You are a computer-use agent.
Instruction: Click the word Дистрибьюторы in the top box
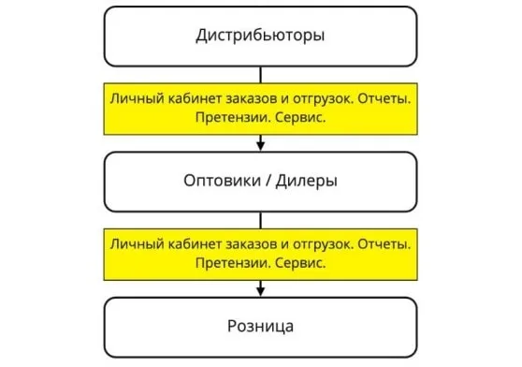261,37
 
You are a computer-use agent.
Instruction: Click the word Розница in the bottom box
261,326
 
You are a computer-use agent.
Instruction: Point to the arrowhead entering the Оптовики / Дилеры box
261,146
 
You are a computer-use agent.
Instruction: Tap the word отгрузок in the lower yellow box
321,243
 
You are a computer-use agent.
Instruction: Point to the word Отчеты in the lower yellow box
385,243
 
